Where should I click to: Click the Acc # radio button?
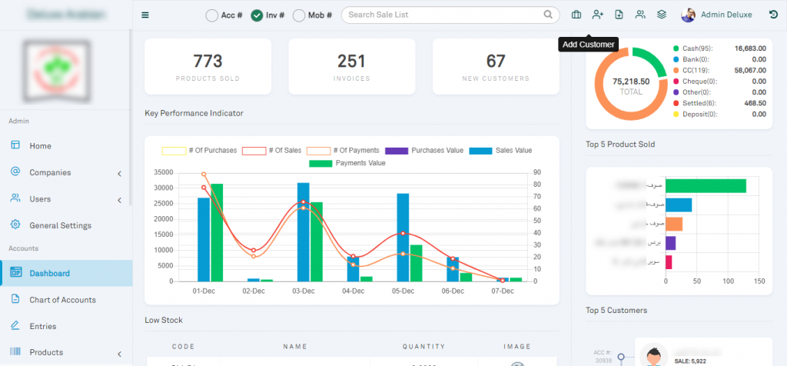[212, 15]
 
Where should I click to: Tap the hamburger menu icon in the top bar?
[145, 15]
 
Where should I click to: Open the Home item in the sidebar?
[40, 146]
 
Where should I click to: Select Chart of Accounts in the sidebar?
[62, 300]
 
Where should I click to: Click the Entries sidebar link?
[42, 326]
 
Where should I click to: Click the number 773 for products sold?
[208, 62]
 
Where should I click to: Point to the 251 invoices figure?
[351, 62]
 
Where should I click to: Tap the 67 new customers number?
[496, 62]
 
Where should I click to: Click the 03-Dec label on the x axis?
[303, 292]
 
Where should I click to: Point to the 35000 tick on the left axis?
[163, 172]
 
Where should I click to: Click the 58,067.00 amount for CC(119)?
[749, 70]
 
